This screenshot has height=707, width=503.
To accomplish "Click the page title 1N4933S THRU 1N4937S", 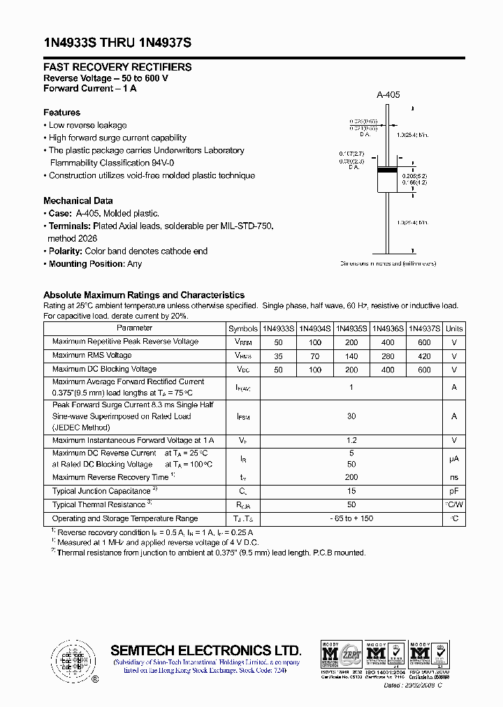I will point(117,43).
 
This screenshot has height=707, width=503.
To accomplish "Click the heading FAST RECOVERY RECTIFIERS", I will point(117,67).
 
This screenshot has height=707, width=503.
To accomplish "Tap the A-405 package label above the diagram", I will point(388,95).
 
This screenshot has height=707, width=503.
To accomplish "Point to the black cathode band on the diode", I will point(387,170).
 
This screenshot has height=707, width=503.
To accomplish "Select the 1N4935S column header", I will point(351,328).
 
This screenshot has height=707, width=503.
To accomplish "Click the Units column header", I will point(454,328).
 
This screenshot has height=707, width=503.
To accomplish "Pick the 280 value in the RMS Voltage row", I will point(388,356).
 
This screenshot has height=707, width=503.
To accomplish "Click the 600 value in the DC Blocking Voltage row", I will point(424,370).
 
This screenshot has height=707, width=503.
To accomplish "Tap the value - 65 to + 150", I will point(351,519).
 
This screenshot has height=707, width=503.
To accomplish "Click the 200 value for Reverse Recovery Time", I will point(351,477).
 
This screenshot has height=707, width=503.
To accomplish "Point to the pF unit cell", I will point(454,491).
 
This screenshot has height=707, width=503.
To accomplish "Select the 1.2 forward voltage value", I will point(351,441).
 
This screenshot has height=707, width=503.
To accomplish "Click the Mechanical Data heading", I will point(78,201).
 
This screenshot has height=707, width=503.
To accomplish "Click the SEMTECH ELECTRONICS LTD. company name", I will point(205,650).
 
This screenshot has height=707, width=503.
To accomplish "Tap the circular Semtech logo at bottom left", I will point(73,659).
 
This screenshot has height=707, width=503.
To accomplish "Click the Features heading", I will point(61,112).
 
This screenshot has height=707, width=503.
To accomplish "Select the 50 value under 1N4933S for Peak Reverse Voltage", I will point(279,342).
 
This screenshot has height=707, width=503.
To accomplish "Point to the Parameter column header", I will point(135,328).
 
